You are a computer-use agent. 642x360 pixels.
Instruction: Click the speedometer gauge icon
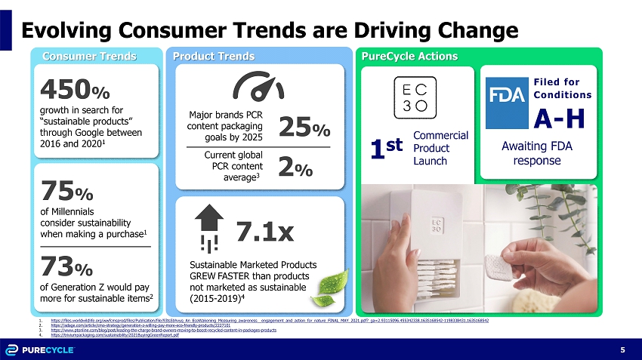[x=259, y=89]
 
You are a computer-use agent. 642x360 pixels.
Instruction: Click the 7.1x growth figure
[x=264, y=232]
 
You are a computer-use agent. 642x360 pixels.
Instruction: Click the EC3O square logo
[x=416, y=97]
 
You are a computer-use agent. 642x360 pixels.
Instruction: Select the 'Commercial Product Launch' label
[x=441, y=149]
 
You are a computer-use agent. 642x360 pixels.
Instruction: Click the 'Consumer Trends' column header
[x=89, y=56]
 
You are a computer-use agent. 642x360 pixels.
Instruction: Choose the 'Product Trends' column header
[x=214, y=56]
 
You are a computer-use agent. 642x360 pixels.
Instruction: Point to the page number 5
[x=622, y=349]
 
